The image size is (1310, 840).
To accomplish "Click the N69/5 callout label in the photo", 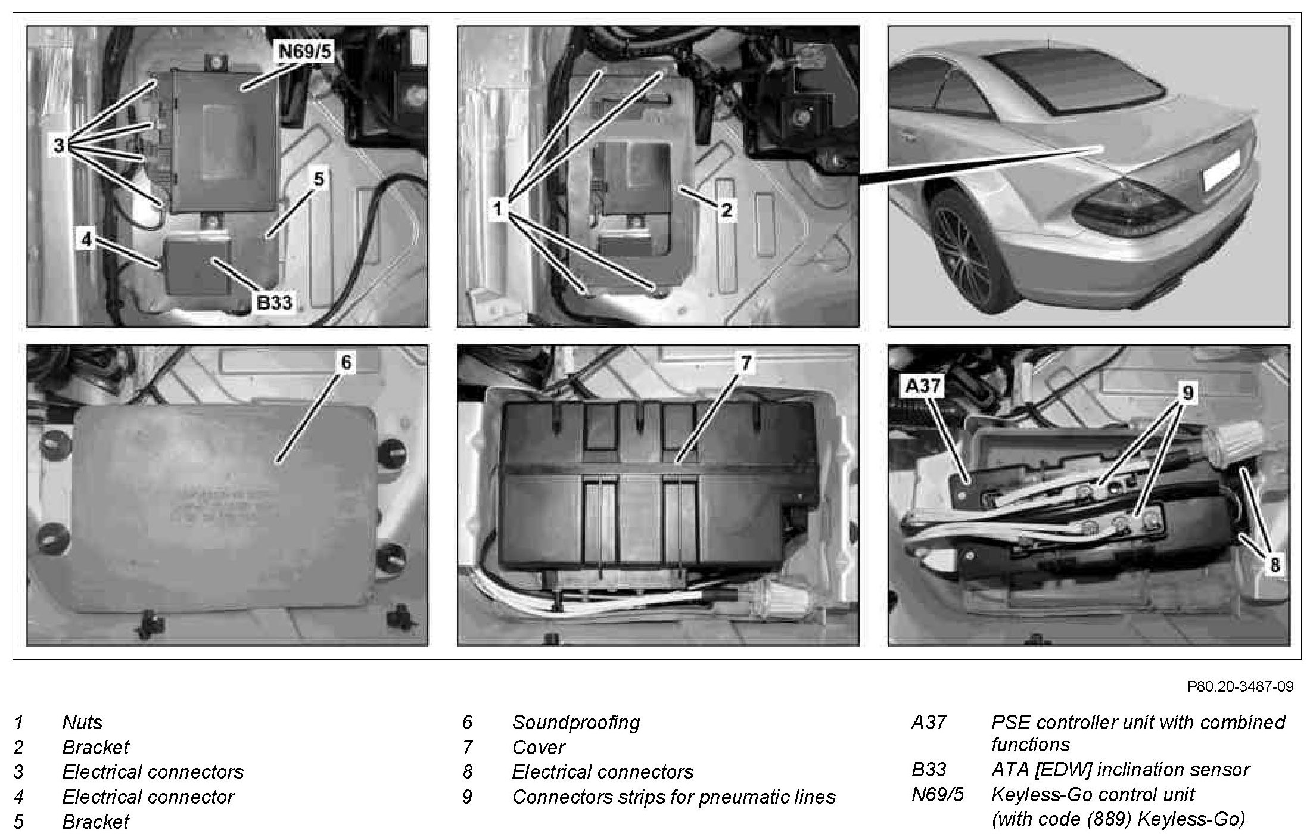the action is pos(304,52).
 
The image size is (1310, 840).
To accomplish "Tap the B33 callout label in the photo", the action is pos(274,303).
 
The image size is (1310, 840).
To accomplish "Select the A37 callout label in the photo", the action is pos(923,386).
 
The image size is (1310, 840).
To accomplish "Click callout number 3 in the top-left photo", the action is pos(58,145).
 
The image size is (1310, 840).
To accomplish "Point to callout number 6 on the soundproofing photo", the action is pos(347,362).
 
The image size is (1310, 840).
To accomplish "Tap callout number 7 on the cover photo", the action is pos(746,362).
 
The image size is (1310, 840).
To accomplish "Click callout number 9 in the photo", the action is pos(1188,393).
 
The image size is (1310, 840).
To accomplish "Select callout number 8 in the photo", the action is pos(1275,564).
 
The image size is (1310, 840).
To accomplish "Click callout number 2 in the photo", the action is pos(726,210).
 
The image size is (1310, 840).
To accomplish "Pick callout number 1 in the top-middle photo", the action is pos(498,209).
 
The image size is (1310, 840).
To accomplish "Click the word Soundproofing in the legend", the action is pos(576,723).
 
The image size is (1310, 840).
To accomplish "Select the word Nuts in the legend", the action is pos(82,723).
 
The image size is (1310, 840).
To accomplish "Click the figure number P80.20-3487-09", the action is pos(1240,687).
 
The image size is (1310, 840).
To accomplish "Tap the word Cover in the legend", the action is pos(539,747).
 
